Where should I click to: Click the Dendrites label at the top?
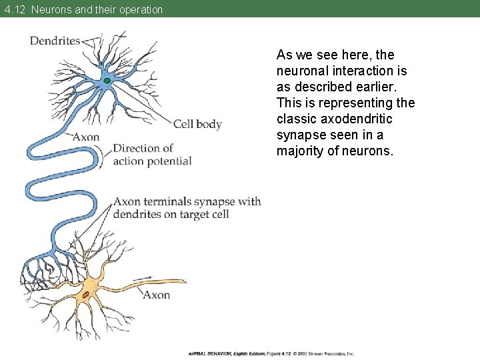pos(55,41)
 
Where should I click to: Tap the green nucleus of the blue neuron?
pos(107,81)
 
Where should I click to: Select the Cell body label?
pos(197,124)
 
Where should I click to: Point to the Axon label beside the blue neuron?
pos(85,137)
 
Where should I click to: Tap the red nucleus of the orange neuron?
pos(86,295)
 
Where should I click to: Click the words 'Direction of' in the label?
pos(143,148)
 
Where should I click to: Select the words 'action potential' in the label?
pos(152,161)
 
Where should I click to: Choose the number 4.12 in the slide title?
pos(14,9)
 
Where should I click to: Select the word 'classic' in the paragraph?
pos(296,119)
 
